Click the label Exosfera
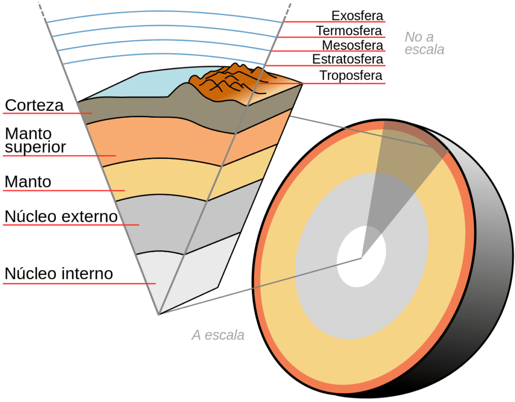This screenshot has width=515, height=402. [358, 15]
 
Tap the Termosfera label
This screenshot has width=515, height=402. [349, 31]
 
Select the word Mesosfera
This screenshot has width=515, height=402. [353, 45]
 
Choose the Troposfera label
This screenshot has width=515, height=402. [351, 76]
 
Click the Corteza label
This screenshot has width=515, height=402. [34, 106]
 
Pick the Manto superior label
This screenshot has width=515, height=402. [35, 140]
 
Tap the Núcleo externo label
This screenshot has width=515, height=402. [61, 217]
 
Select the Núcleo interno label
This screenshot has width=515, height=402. [59, 274]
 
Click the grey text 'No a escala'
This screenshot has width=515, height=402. [424, 43]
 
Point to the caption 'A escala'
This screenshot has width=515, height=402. [218, 335]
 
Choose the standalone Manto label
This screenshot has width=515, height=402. [28, 182]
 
